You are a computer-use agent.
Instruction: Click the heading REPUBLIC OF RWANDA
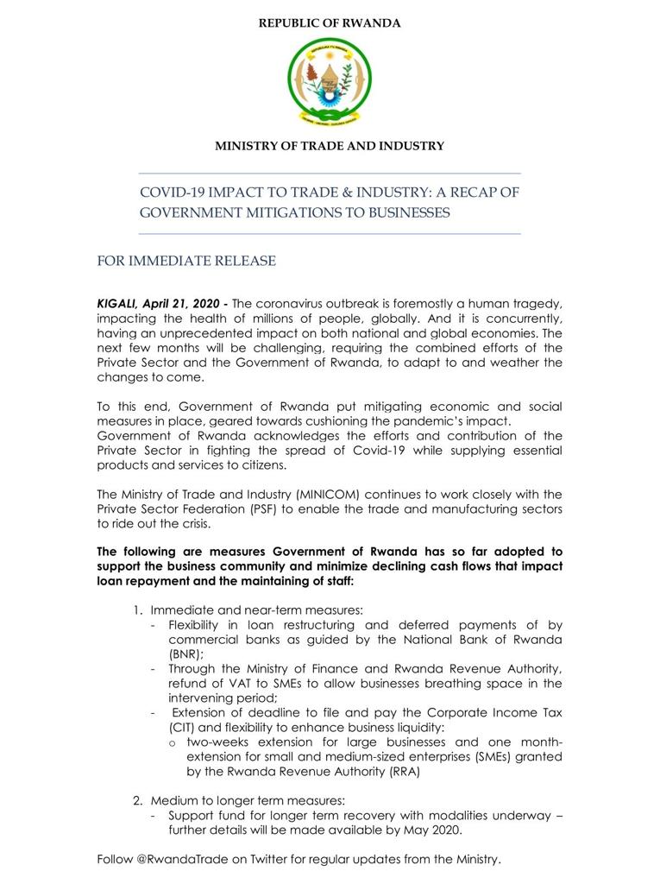point(330,23)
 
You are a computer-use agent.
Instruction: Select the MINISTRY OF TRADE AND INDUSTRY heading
point(330,146)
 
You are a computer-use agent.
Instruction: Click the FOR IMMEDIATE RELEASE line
point(186,261)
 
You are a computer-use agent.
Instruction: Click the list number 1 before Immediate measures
point(137,610)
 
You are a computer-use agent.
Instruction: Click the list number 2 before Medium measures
point(137,800)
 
